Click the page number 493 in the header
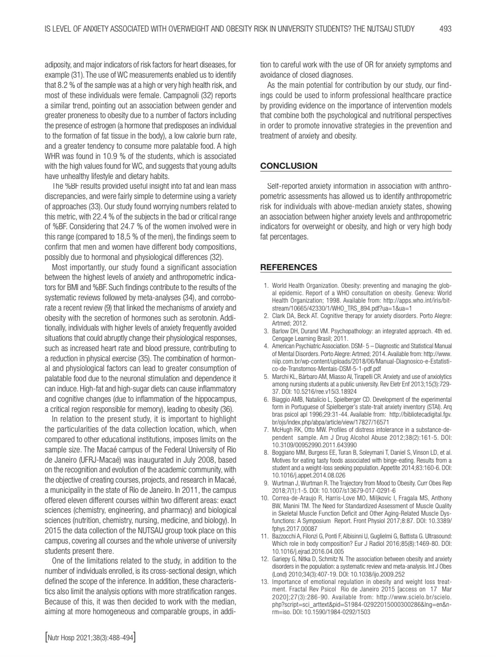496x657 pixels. [x=445, y=29]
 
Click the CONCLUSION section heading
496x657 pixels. [x=289, y=166]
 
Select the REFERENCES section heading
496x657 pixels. [x=289, y=267]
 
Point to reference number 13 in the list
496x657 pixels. [x=265, y=582]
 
